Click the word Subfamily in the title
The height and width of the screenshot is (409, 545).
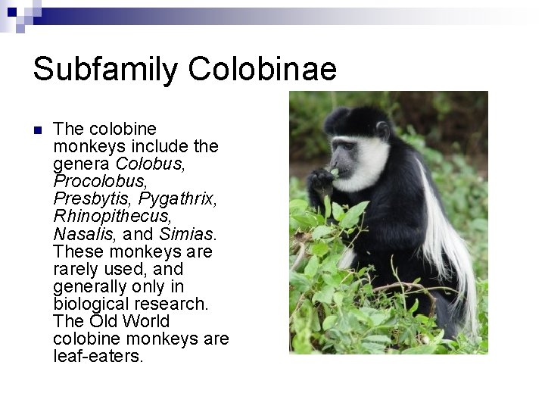pos(106,69)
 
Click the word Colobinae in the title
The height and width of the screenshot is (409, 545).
pos(263,69)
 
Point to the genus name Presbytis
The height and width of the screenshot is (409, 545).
pos(92,198)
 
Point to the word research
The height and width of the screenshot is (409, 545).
pos(175,304)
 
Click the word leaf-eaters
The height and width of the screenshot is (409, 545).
pos(98,356)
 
